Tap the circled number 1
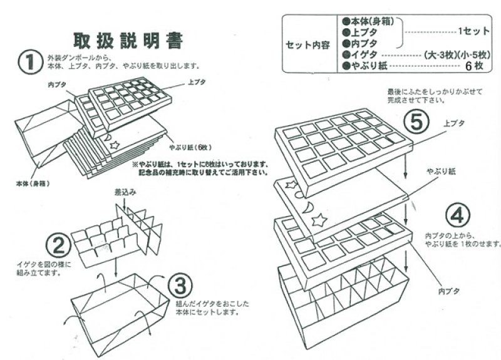(x=30, y=62)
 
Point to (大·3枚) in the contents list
(x=439, y=54)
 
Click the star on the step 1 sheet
(x=115, y=144)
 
